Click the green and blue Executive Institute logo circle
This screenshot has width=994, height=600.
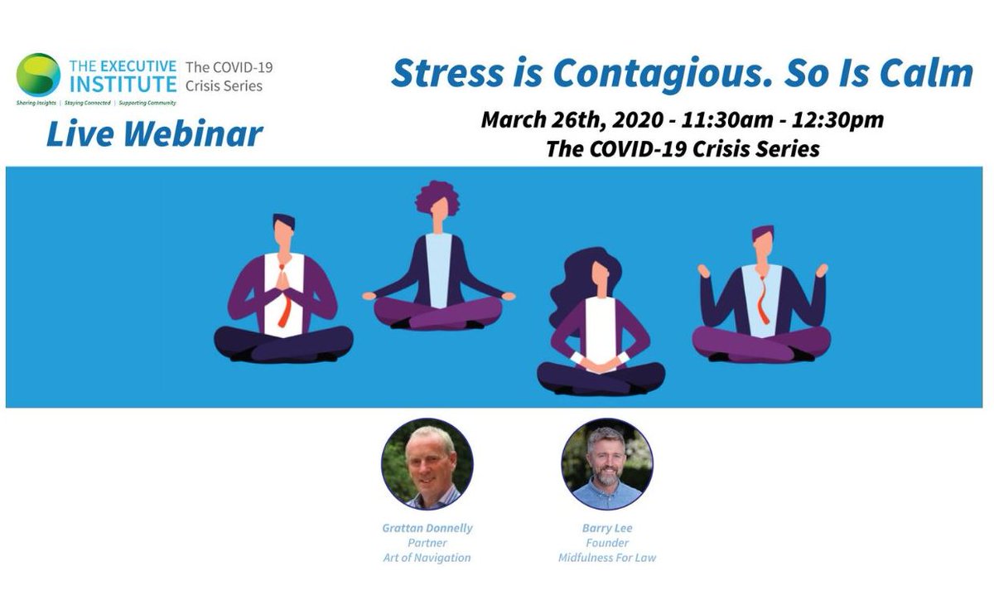38,75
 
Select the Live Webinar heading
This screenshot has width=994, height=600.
155,133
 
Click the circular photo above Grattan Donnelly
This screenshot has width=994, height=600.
427,464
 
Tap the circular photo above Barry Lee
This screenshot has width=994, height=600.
607,464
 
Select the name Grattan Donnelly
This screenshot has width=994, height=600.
427,528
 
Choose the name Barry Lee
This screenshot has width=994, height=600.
607,528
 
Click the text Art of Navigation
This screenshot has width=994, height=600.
427,558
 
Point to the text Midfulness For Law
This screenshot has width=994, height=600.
607,558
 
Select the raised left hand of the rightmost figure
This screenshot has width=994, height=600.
705,271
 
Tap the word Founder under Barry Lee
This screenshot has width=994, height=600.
607,543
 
